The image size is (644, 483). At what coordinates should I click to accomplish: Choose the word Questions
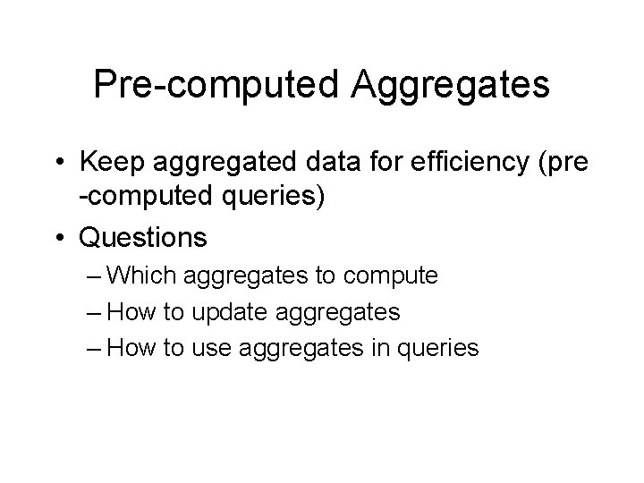(x=143, y=238)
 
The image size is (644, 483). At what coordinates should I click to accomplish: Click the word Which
(x=148, y=275)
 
